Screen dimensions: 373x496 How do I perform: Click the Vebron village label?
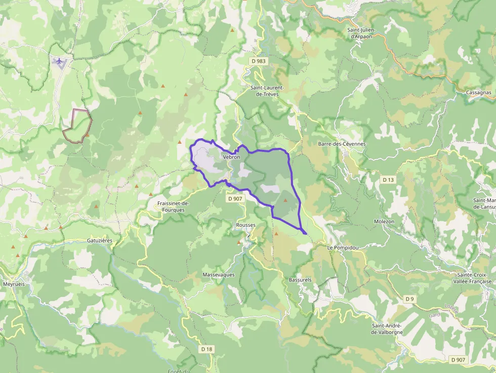point(231,157)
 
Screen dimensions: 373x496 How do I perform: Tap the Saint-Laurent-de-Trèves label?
point(267,91)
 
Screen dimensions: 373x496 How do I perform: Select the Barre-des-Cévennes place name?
point(342,144)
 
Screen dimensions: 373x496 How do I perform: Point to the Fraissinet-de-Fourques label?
point(173,206)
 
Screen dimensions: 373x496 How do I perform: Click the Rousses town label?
point(246,225)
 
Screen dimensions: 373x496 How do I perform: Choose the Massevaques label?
point(219,274)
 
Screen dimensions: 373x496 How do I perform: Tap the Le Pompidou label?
point(343,247)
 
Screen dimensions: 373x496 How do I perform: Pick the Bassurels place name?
point(300,279)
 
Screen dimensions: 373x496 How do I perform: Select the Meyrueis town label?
point(15,284)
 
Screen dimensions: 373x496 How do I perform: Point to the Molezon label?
point(384,222)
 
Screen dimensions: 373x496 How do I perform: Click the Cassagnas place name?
point(479,93)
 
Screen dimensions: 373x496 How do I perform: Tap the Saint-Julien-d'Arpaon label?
point(361,33)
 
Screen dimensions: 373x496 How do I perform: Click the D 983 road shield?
point(258,61)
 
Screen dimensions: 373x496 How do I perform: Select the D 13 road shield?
point(388,180)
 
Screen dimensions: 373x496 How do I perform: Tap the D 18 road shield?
point(206,349)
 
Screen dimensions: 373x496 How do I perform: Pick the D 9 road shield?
point(409,299)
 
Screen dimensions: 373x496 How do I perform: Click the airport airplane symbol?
point(60,62)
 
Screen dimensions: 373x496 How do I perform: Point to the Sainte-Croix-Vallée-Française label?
point(472,278)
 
